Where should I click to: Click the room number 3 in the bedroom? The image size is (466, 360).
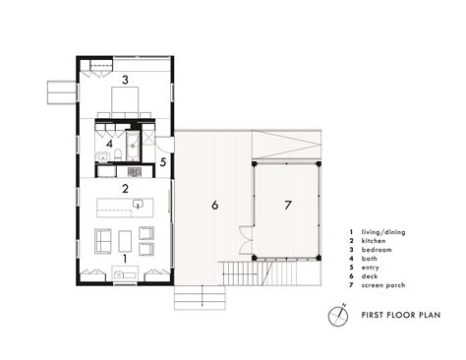pyautogui.click(x=125, y=78)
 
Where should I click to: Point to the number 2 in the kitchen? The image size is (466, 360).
pyautogui.click(x=125, y=187)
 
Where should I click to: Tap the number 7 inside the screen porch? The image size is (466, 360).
pyautogui.click(x=288, y=206)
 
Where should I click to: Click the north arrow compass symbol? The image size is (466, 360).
pyautogui.click(x=338, y=317)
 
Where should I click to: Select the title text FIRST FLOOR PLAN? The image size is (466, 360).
pyautogui.click(x=400, y=317)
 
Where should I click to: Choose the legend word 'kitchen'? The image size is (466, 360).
pyautogui.click(x=374, y=242)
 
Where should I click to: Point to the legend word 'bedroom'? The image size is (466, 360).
pyautogui.click(x=376, y=251)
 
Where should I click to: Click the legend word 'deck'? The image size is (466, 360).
pyautogui.click(x=370, y=277)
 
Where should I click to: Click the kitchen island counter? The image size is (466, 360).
pyautogui.click(x=125, y=207)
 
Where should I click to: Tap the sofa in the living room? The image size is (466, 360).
pyautogui.click(x=101, y=240)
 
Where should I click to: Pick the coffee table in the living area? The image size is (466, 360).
pyautogui.click(x=124, y=240)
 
